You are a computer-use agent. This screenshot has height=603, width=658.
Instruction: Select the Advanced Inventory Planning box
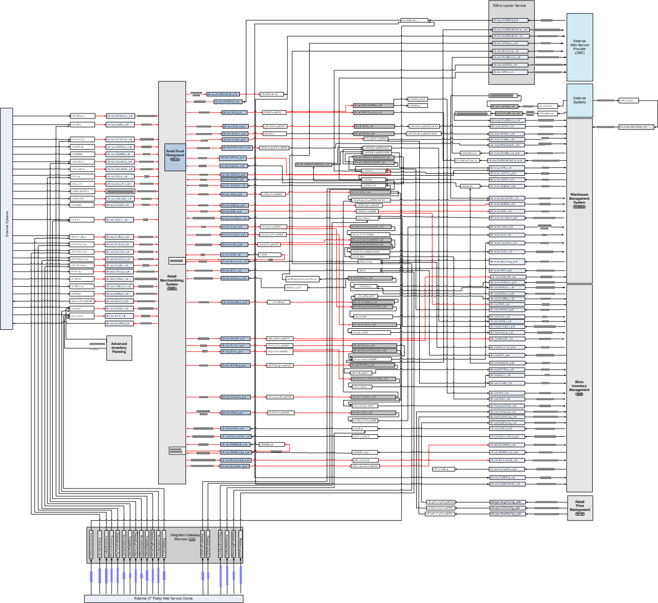[119, 348]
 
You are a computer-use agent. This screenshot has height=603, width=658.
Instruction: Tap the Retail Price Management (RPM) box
[580, 508]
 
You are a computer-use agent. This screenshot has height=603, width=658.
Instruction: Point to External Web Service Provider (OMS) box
[580, 47]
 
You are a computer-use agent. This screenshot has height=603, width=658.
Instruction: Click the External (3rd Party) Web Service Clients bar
[163, 598]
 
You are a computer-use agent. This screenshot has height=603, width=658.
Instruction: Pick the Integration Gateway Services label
[184, 537]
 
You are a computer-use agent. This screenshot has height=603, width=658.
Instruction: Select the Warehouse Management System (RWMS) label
[579, 200]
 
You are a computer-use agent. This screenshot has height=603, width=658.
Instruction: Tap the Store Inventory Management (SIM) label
[579, 388]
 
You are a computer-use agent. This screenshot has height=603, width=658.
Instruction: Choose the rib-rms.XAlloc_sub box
[118, 125]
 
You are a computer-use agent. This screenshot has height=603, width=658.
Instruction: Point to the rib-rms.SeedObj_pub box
[118, 323]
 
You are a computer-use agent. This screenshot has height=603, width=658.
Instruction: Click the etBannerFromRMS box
[81, 301]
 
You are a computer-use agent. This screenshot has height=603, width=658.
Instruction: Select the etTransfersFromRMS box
[279, 397]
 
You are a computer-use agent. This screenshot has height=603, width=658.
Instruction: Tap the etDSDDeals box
[271, 444]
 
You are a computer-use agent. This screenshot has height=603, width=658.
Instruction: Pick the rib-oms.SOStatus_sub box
[509, 43]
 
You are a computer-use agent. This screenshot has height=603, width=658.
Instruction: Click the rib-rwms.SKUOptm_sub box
[637, 127]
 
